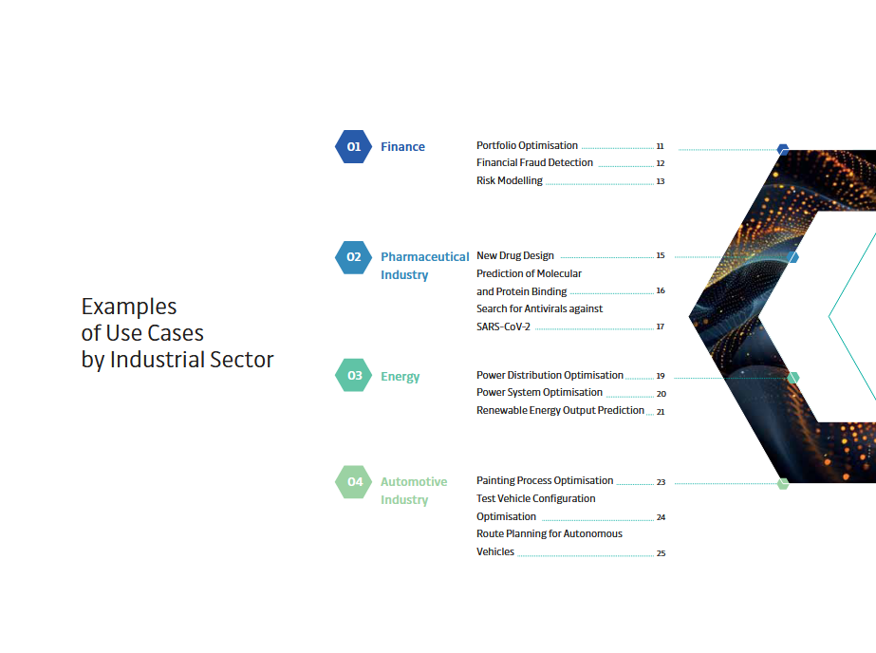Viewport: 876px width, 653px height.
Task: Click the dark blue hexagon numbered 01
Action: [x=354, y=146]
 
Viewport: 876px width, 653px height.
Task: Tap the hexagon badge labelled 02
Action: [x=354, y=257]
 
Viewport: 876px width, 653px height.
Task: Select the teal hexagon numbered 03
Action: [x=354, y=375]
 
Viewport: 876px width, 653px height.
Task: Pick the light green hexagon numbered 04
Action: [x=354, y=481]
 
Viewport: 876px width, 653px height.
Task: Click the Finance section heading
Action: [x=402, y=147]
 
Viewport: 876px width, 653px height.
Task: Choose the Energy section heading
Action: [x=400, y=377]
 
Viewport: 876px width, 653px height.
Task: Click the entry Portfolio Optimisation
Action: [x=527, y=145]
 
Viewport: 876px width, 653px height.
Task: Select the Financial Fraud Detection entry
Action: [x=534, y=162]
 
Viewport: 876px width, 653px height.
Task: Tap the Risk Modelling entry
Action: [x=510, y=180]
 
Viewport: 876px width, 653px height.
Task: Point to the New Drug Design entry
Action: [x=515, y=255]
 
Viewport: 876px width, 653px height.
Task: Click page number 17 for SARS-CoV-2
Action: [x=661, y=326]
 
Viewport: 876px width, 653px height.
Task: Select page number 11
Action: [x=660, y=146]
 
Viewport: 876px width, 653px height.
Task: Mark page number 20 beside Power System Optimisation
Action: [x=661, y=394]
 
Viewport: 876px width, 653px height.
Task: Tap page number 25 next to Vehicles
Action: [x=661, y=553]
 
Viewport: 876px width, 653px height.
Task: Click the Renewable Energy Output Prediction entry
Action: [x=560, y=411]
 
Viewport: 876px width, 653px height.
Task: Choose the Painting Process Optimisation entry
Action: [x=545, y=480]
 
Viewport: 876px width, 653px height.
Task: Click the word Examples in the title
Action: [x=129, y=308]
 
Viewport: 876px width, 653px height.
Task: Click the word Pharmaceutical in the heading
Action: [x=424, y=257]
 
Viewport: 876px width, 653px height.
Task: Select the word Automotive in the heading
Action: [x=414, y=481]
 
